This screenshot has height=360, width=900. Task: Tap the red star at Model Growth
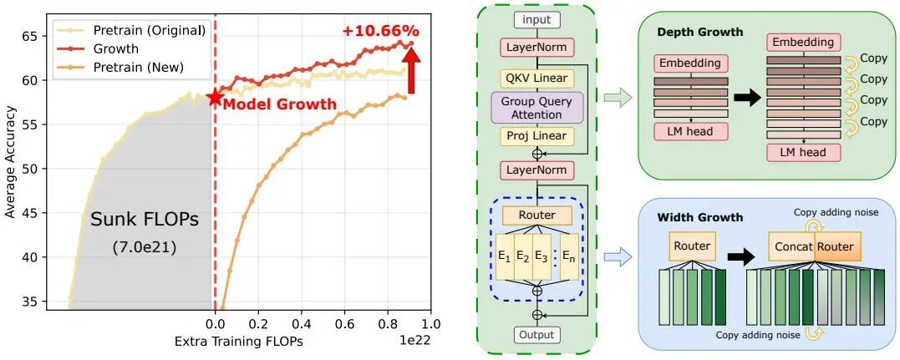point(215,98)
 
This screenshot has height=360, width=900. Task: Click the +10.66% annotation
point(380,31)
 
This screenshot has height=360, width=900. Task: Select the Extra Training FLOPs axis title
point(238,342)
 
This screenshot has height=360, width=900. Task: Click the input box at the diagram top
point(536,19)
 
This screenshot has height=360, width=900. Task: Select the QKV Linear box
point(536,79)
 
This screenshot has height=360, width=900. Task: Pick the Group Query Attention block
point(536,107)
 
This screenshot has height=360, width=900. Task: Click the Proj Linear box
point(536,136)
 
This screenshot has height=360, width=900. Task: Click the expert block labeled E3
point(542,257)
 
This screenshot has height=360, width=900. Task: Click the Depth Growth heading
point(699,32)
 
